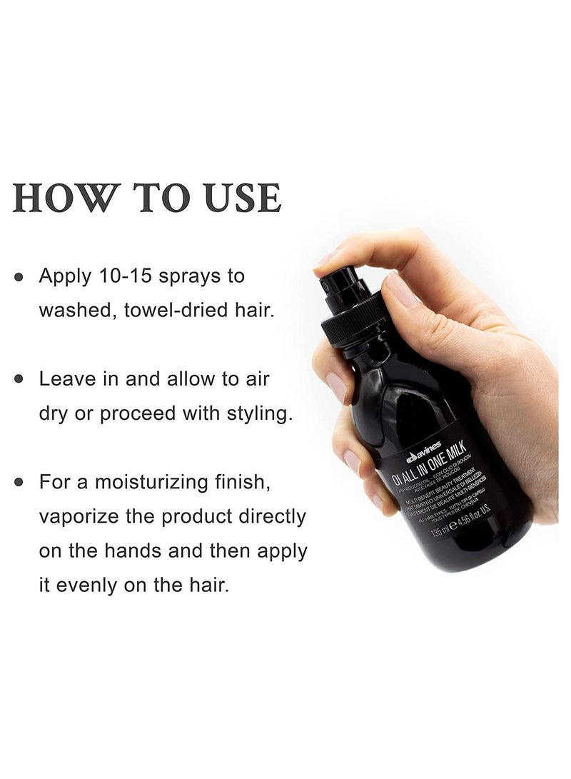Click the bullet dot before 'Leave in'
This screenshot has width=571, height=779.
pos(21,379)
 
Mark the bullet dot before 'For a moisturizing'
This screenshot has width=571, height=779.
pos(21,481)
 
